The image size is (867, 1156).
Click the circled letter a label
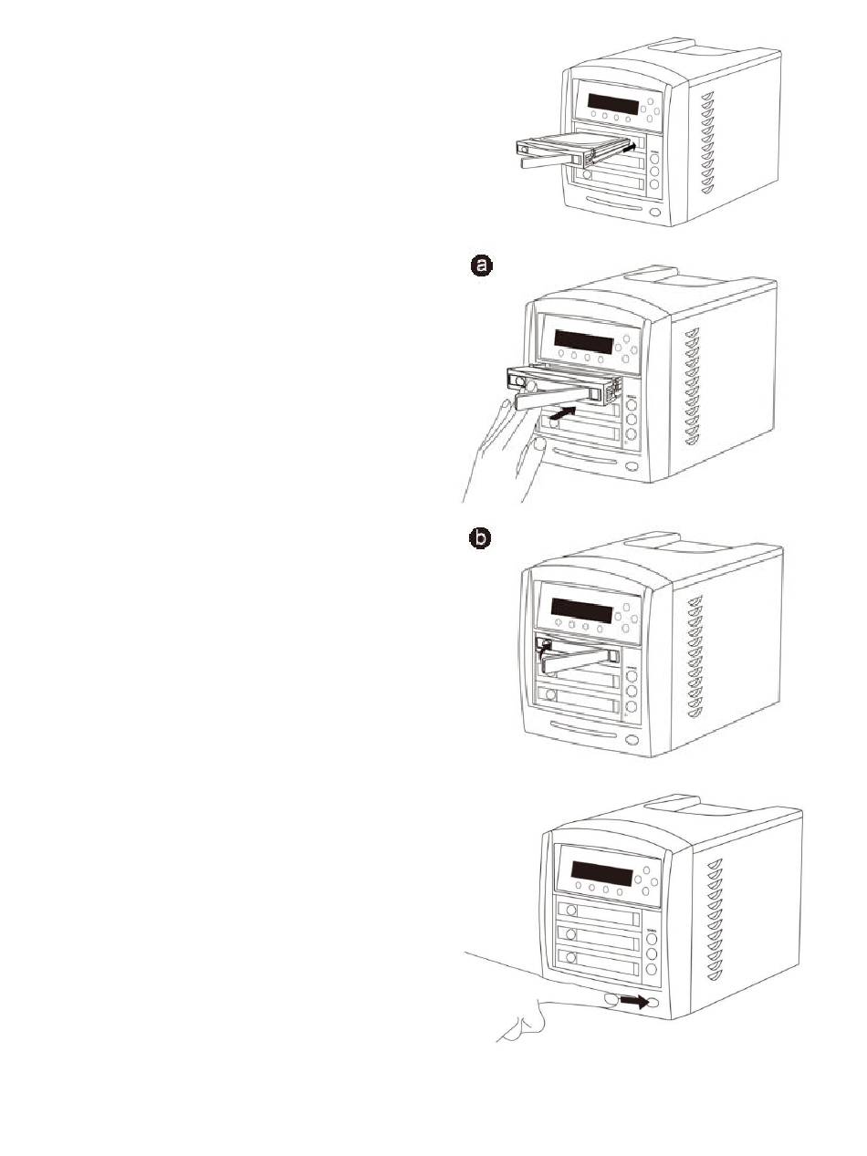point(480,265)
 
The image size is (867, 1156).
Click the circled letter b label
point(480,539)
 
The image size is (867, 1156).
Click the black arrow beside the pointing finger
point(635,1001)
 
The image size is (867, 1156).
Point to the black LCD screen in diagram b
point(582,608)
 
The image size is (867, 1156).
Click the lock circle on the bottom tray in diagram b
point(549,694)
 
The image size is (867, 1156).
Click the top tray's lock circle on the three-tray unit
point(571,910)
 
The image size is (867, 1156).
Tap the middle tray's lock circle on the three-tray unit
point(571,933)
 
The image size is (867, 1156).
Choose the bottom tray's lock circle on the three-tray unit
point(571,957)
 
